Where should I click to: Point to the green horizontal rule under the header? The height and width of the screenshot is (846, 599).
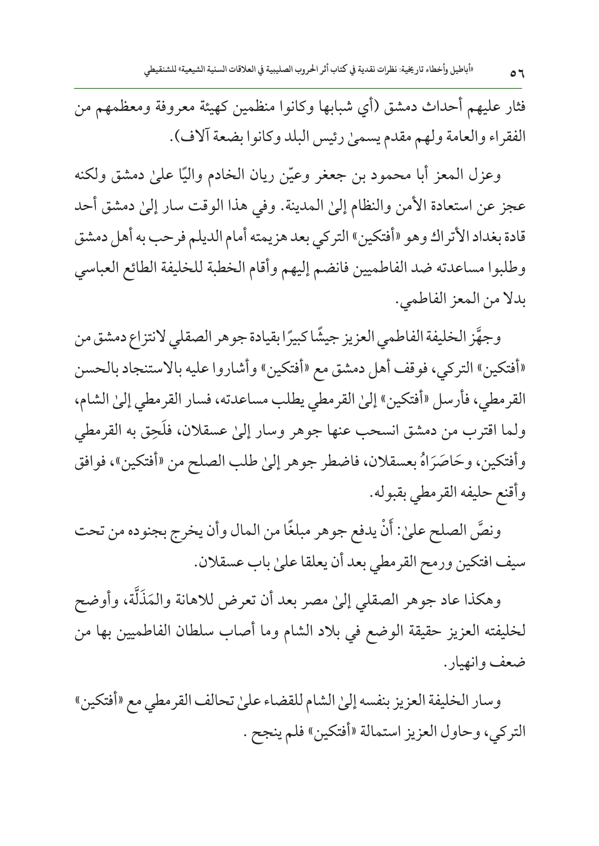pos(299,88)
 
